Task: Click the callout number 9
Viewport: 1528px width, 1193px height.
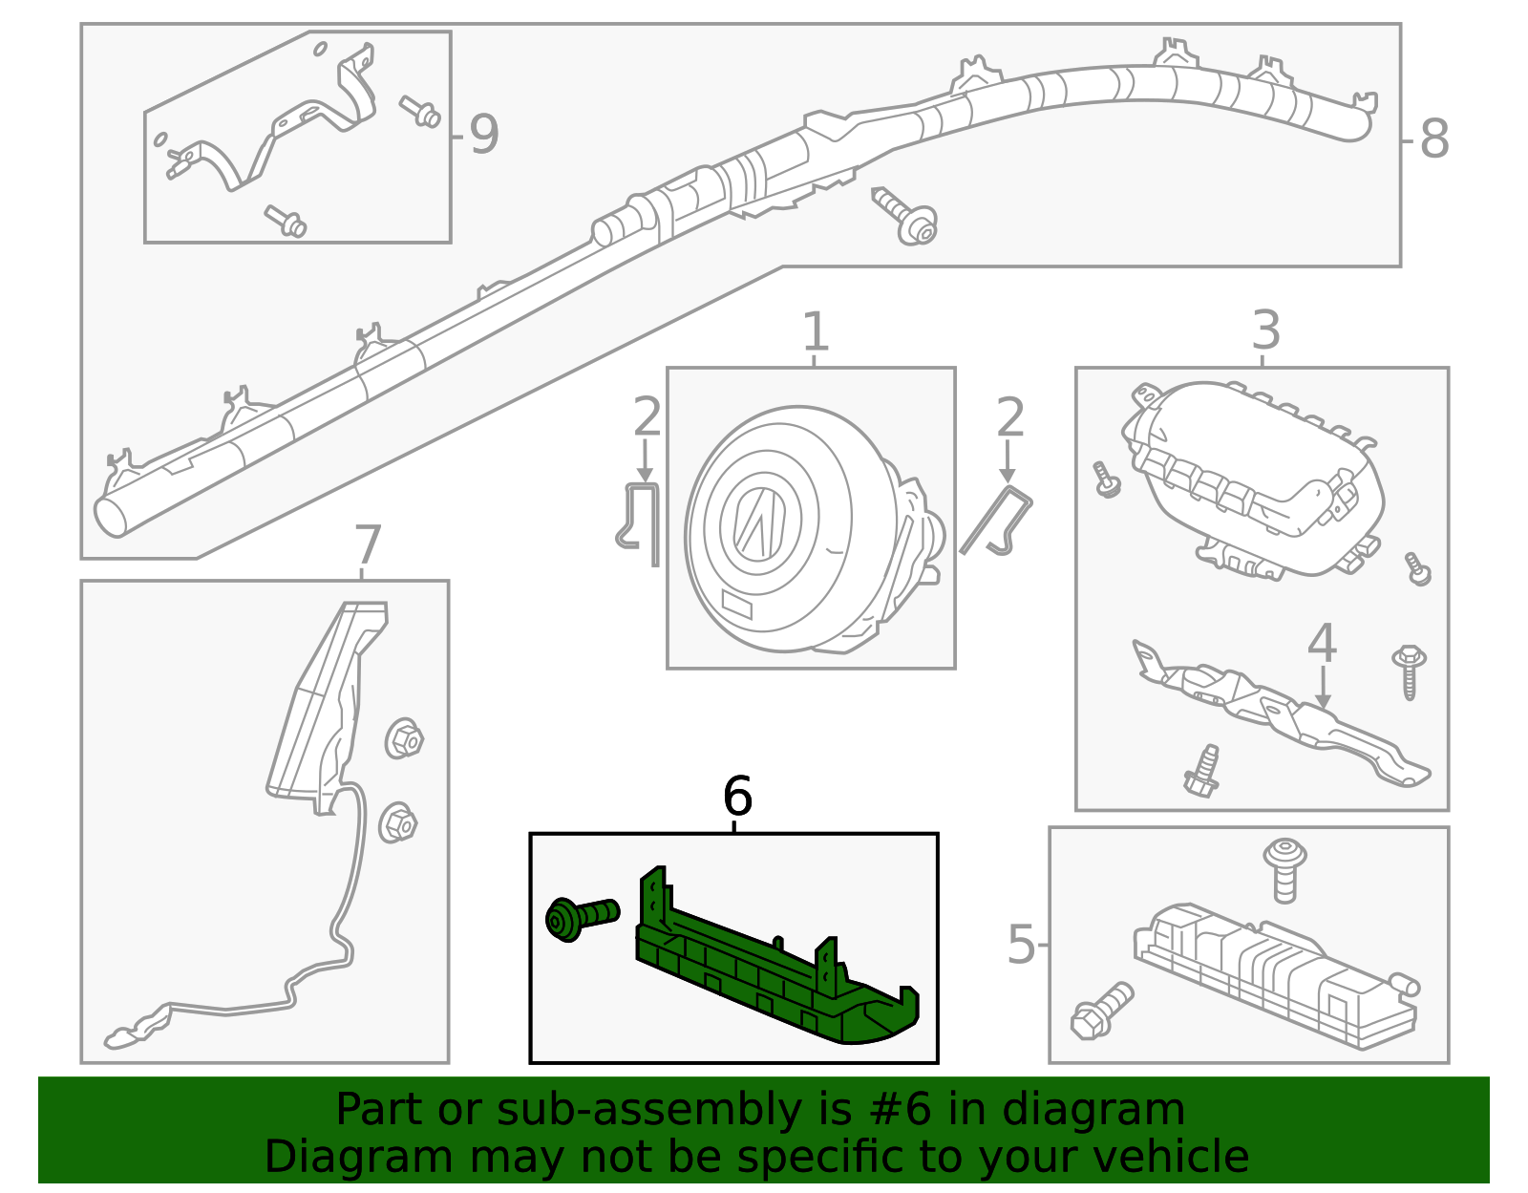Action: [483, 135]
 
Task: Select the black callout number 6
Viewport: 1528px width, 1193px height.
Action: [737, 796]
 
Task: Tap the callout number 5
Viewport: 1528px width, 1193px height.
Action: [1021, 945]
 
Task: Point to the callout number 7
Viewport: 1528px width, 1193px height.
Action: [367, 546]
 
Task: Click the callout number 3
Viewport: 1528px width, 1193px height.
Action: [1264, 331]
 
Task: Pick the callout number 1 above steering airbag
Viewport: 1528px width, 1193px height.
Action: [814, 332]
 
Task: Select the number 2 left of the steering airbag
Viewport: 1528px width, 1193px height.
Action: [647, 417]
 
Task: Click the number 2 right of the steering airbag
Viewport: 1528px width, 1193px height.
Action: [1009, 417]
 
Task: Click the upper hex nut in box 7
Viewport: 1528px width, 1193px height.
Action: [405, 738]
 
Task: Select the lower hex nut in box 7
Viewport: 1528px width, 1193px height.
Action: [398, 822]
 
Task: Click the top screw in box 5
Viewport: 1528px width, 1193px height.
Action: [1285, 867]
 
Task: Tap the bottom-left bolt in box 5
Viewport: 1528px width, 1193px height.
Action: [1101, 1011]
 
